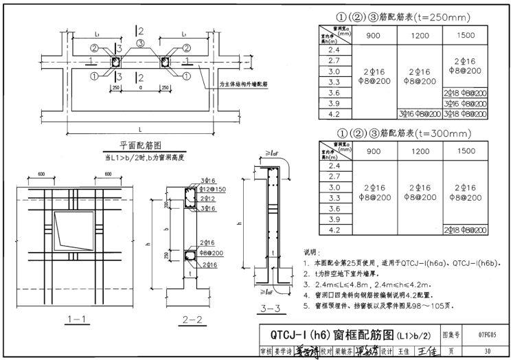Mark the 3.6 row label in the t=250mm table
(x=334, y=92)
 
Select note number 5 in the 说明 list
(x=306, y=306)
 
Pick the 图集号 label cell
(x=450, y=334)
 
